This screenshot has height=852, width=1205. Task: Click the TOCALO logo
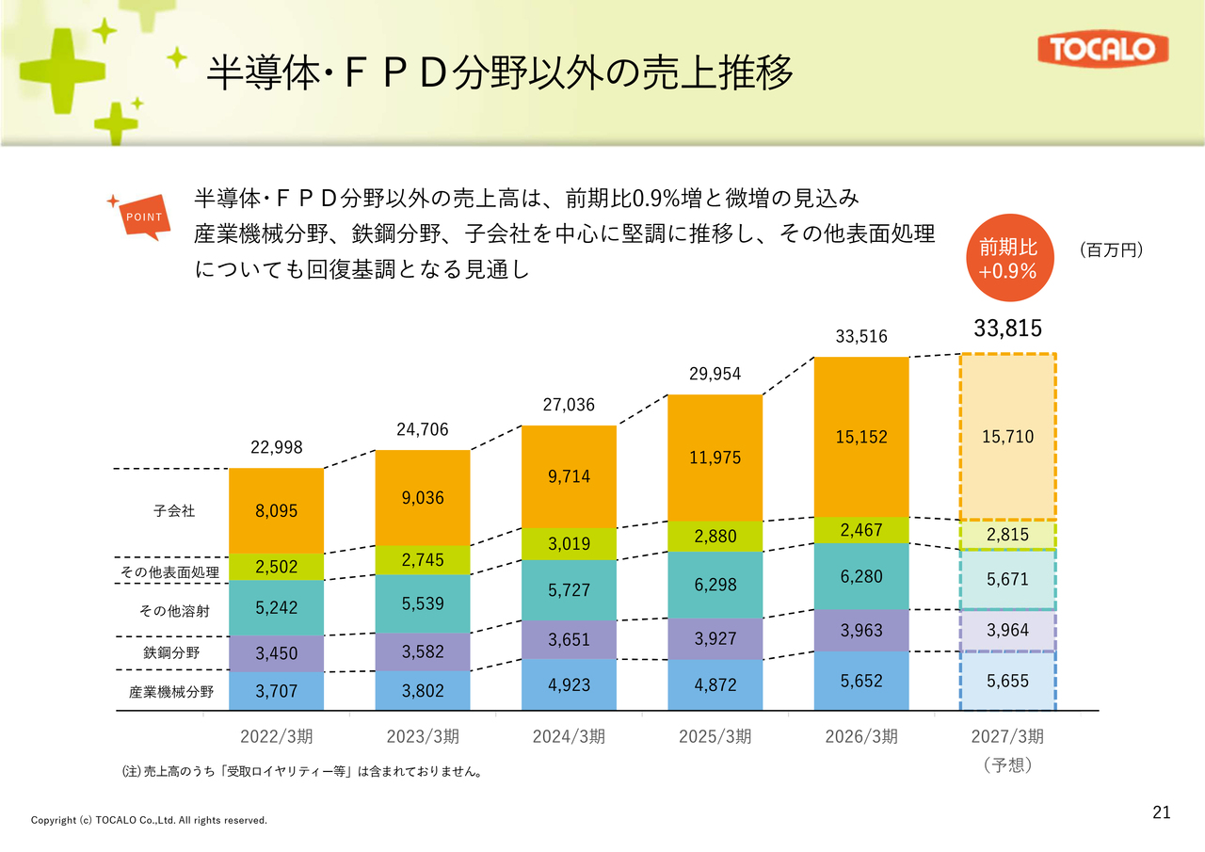[x=1102, y=49]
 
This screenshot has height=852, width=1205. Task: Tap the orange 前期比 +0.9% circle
[x=1010, y=258]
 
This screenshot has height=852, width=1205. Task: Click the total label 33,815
[x=1007, y=329]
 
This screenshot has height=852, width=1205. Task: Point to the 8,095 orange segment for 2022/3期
[x=277, y=510]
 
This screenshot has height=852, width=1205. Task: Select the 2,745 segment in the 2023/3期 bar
[x=423, y=560]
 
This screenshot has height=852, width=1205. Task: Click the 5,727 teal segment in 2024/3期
[x=570, y=590]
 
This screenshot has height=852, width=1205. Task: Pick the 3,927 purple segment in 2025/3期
[x=715, y=638]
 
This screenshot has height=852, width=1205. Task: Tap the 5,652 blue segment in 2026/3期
[x=861, y=681]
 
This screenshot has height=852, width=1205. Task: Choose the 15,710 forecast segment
[x=1008, y=437]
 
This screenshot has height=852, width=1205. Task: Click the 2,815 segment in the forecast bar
[x=1008, y=535]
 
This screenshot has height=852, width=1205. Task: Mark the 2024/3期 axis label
[x=570, y=736]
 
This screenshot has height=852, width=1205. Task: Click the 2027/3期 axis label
[x=1007, y=736]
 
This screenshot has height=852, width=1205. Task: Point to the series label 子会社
[x=174, y=510]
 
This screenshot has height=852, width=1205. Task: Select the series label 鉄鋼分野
[x=171, y=652]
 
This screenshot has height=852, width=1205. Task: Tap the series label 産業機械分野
[x=171, y=692]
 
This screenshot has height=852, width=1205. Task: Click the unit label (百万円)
[x=1112, y=250]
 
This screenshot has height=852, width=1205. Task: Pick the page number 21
[x=1162, y=812]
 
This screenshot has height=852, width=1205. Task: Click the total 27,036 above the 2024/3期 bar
[x=569, y=405]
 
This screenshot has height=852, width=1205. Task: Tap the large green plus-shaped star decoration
[x=62, y=71]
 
